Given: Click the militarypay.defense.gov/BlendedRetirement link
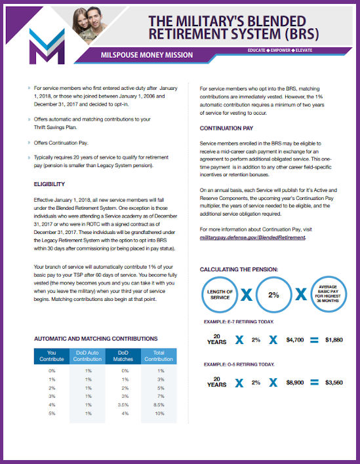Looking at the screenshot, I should tap(252, 237).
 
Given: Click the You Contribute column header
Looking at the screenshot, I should tap(52, 356).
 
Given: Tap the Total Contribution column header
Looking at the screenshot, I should tap(159, 356).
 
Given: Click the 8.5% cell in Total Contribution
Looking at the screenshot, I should tap(159, 405).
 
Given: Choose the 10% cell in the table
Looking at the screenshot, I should tap(159, 414).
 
